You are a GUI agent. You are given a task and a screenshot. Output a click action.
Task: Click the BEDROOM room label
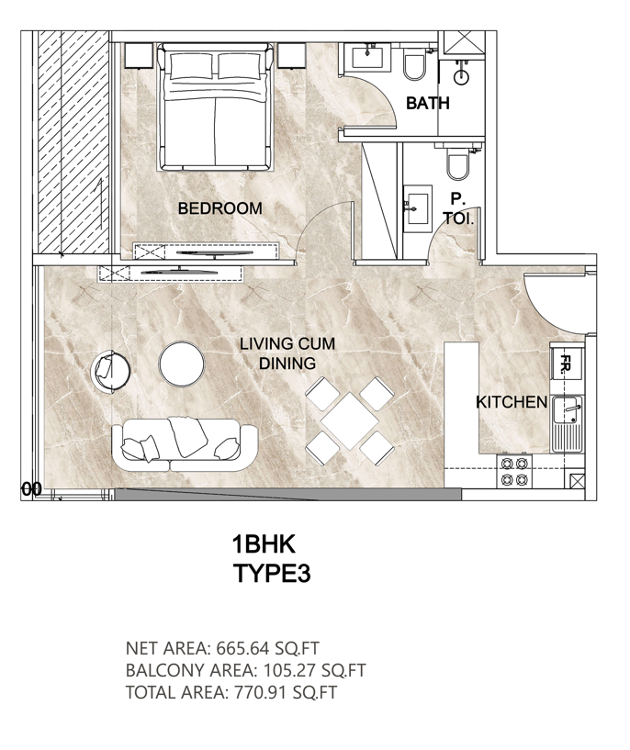(220, 208)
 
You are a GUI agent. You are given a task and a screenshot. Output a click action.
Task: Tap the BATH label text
(428, 103)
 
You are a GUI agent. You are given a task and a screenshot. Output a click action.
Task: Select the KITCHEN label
(512, 402)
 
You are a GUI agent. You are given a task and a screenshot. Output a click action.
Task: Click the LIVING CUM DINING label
(287, 353)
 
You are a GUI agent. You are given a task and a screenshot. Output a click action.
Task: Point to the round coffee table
(181, 364)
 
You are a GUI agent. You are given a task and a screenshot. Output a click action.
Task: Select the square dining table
(350, 421)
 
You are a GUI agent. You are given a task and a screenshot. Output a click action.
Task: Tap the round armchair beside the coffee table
(110, 371)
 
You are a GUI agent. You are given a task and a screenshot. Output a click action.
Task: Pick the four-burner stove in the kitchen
(514, 471)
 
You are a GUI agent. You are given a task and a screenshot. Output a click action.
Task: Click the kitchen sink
(567, 424)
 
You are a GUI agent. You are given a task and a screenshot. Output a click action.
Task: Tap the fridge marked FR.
(567, 364)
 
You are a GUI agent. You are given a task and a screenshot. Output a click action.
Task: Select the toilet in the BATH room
(414, 64)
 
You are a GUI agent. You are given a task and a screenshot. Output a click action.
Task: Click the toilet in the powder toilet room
(457, 162)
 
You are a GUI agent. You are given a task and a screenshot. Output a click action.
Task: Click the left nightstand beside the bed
(140, 56)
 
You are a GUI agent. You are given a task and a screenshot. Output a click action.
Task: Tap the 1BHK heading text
(264, 544)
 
